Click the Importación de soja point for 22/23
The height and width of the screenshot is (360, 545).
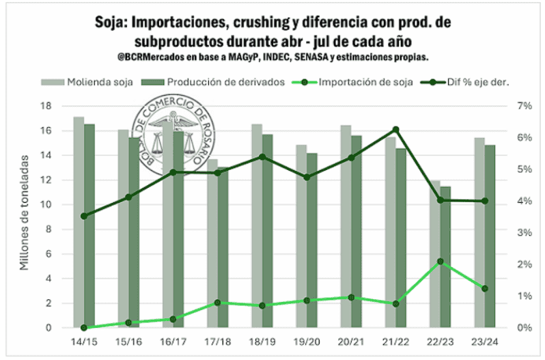(441, 262)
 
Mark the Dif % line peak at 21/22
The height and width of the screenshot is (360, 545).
(395, 130)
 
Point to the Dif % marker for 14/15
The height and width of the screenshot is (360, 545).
(84, 216)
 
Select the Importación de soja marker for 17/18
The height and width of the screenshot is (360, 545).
(217, 302)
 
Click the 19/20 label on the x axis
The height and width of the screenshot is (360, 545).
(307, 340)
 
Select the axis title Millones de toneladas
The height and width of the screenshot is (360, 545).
(25, 212)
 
